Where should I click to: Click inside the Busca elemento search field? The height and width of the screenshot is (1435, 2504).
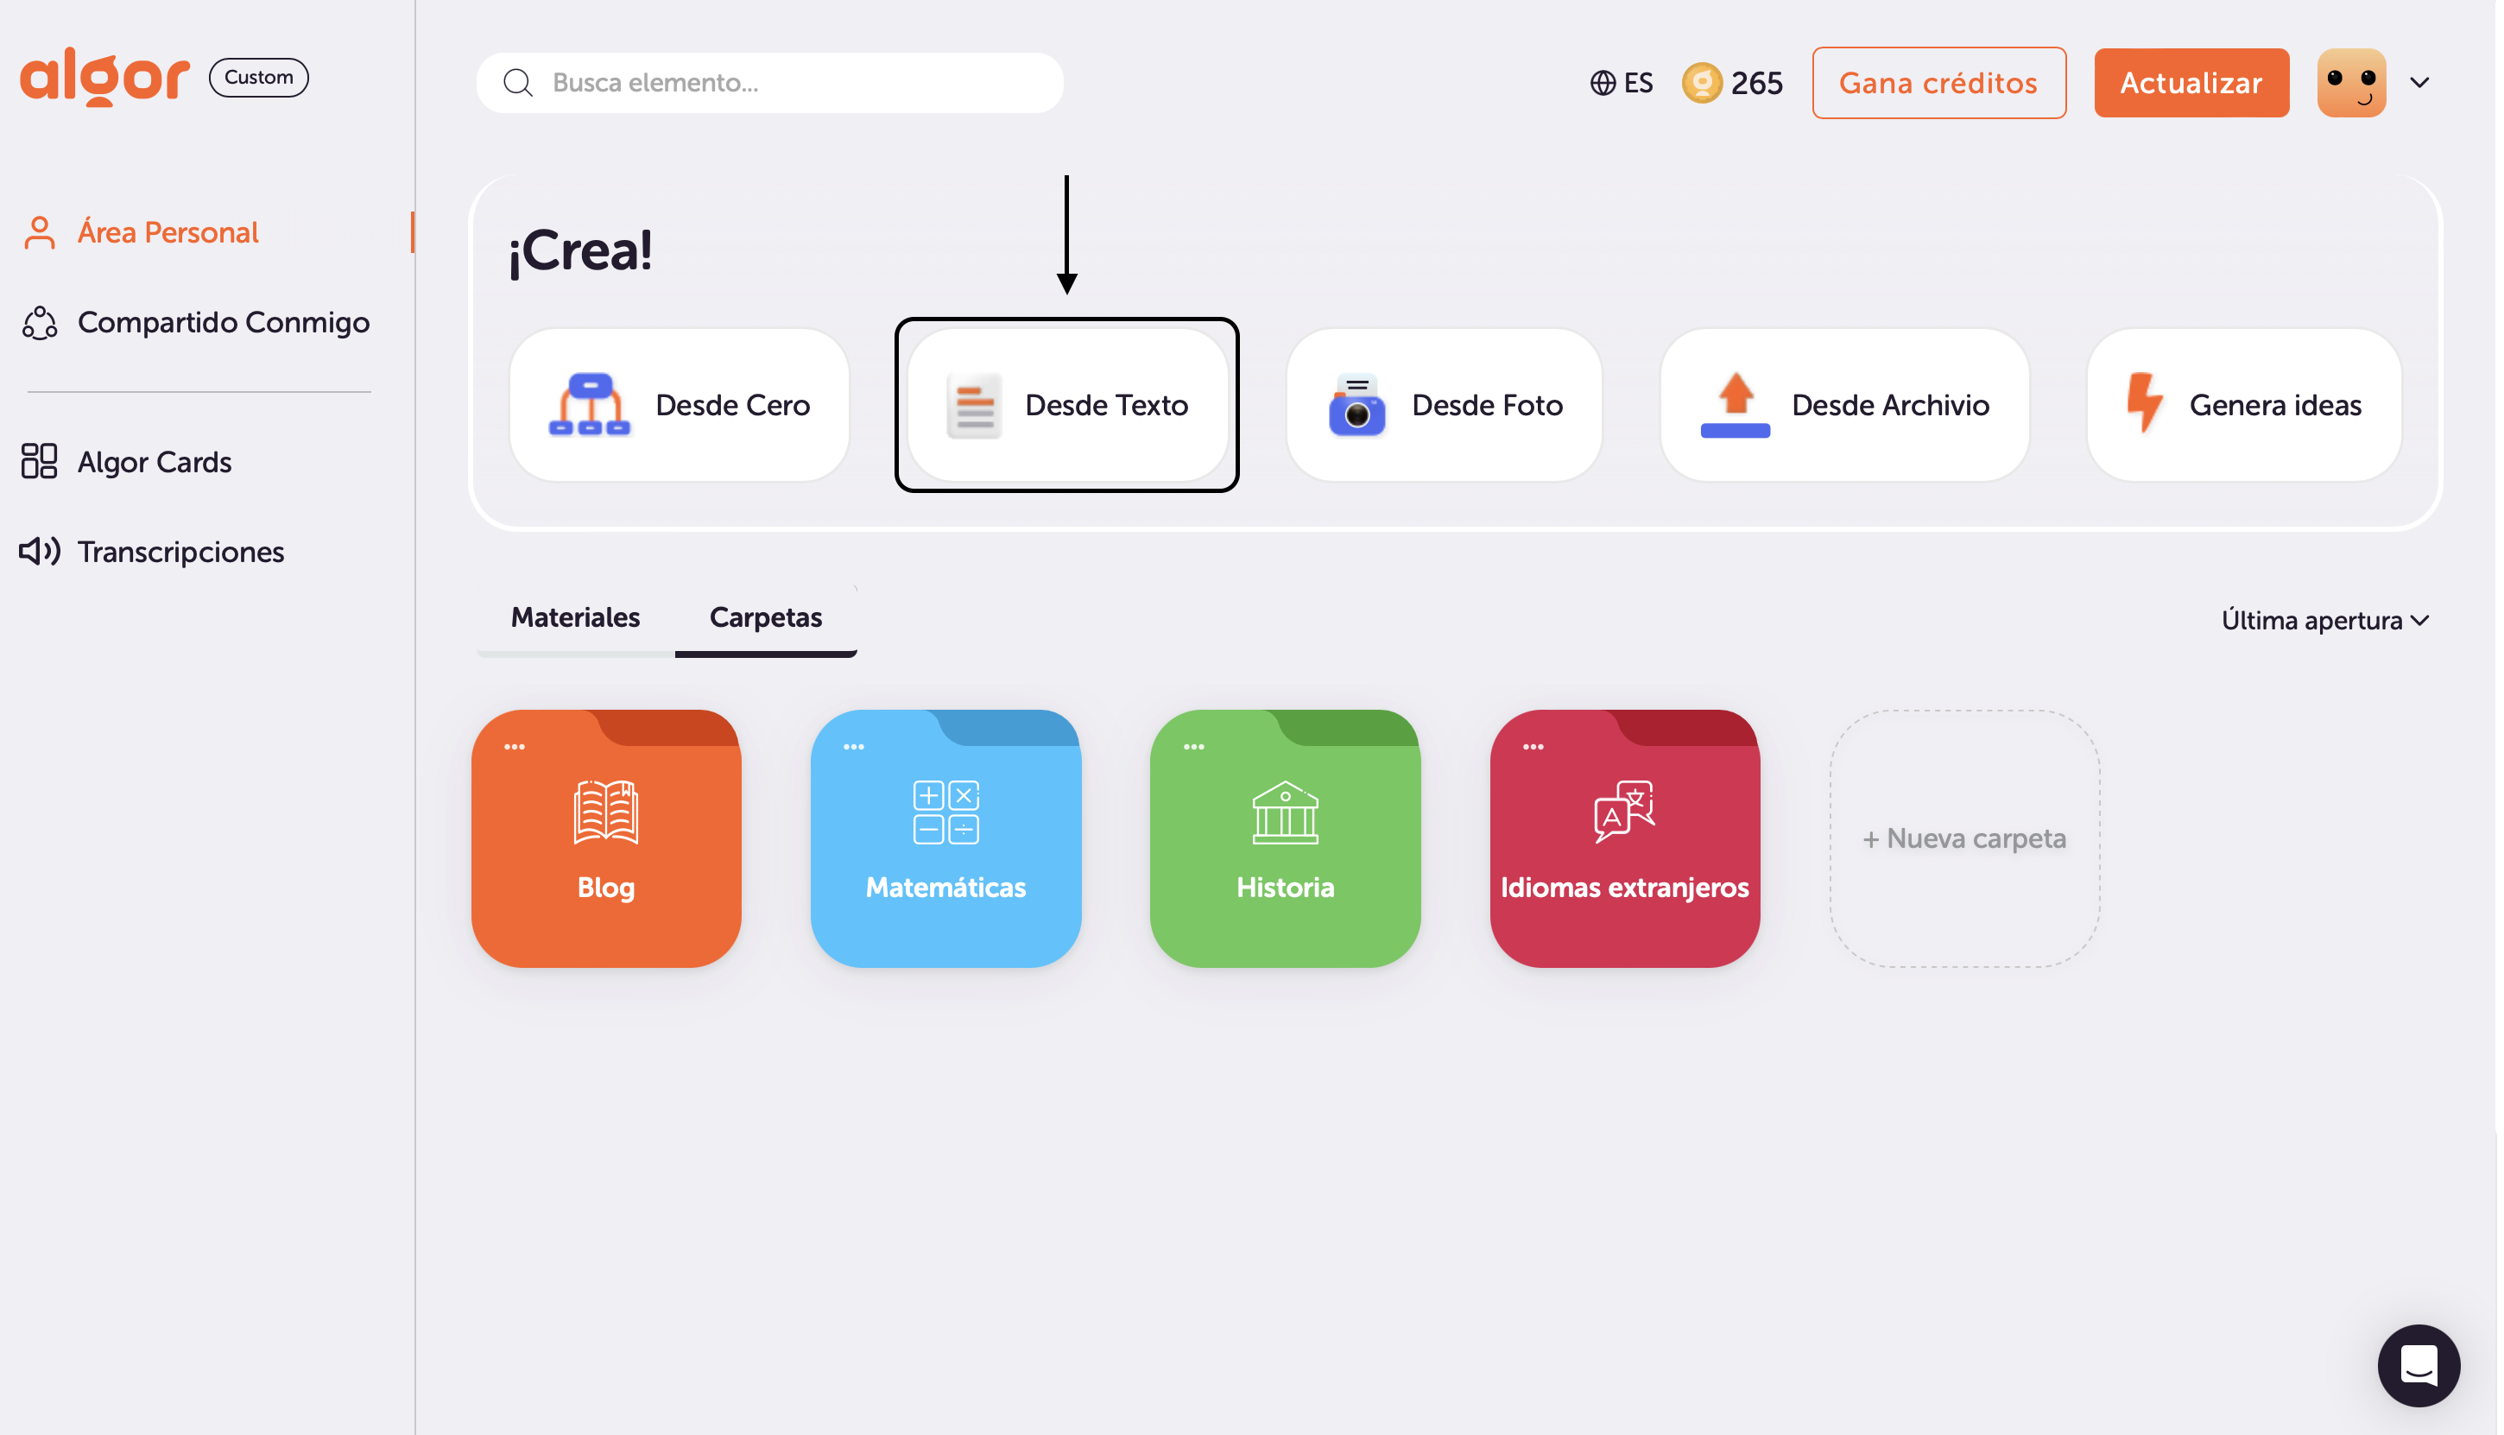(788, 83)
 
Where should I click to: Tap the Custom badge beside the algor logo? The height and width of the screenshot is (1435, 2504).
(259, 77)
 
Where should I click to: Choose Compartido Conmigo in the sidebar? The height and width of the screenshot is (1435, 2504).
(223, 322)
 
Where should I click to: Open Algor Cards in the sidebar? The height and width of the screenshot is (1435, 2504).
(154, 462)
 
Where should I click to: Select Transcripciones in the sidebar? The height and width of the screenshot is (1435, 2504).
(180, 552)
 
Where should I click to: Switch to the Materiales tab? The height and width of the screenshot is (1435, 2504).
(577, 618)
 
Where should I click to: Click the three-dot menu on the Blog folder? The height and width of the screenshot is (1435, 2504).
(515, 747)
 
